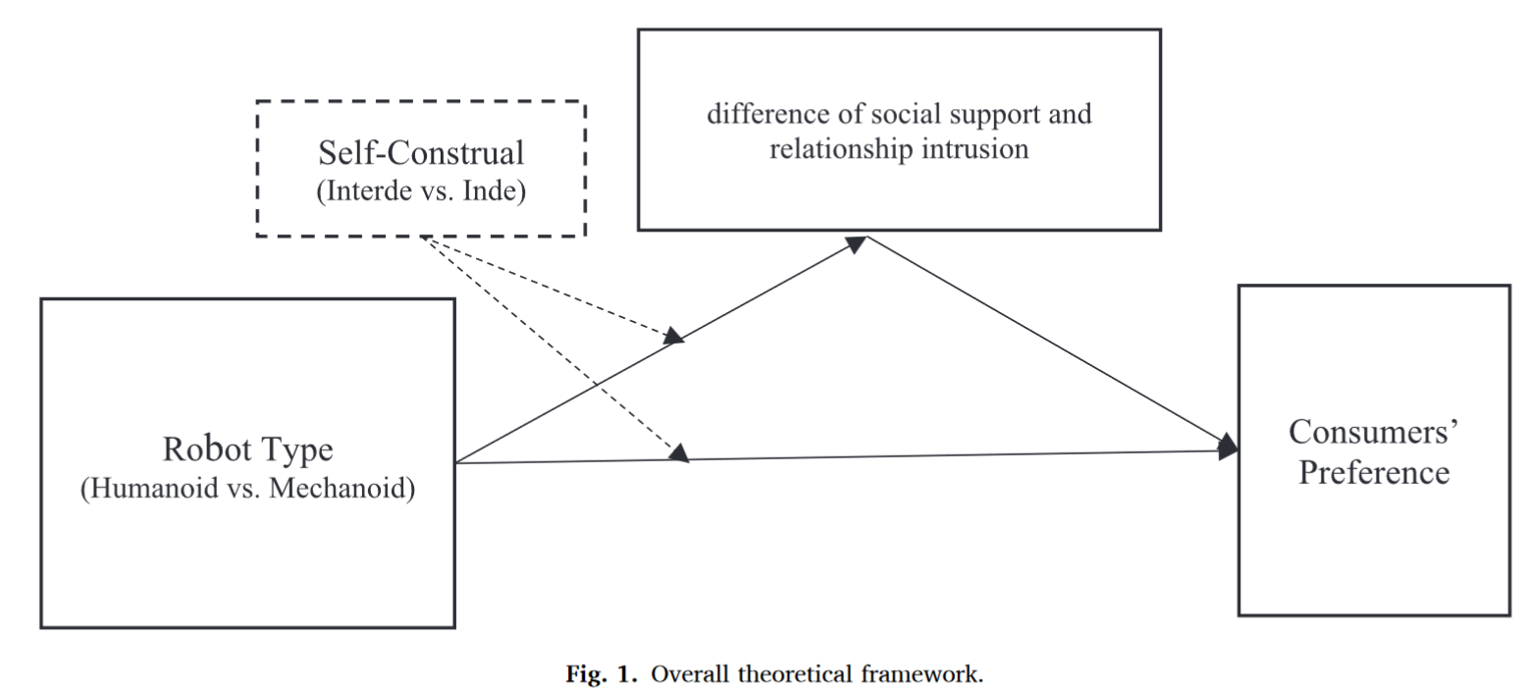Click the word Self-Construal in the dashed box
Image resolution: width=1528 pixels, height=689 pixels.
[420, 153]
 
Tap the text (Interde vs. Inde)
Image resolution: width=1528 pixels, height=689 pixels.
[420, 191]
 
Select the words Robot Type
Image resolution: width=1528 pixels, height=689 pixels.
[247, 450]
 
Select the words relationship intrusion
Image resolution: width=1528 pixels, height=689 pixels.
[899, 149]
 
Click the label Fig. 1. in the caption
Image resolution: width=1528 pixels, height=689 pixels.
[605, 674]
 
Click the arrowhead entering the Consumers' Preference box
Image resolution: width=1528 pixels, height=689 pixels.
[1228, 448]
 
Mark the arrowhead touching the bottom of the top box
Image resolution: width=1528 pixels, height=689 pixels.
[856, 242]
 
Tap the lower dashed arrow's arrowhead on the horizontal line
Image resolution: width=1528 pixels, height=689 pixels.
[679, 453]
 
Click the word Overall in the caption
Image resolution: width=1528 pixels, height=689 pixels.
[689, 674]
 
